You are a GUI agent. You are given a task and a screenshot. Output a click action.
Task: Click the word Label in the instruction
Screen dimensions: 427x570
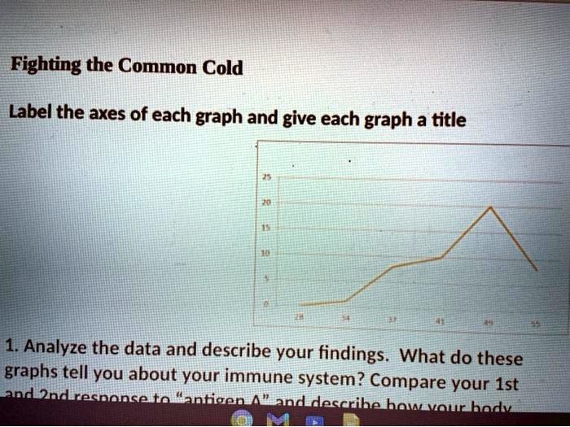30,113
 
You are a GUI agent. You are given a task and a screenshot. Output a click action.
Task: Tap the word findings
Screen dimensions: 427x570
355,355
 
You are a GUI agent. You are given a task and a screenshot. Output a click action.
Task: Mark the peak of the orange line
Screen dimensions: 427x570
490,207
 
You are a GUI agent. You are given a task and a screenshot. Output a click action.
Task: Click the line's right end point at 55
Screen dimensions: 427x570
537,269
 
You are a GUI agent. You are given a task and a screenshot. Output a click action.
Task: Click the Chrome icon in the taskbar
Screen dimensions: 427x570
244,417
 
